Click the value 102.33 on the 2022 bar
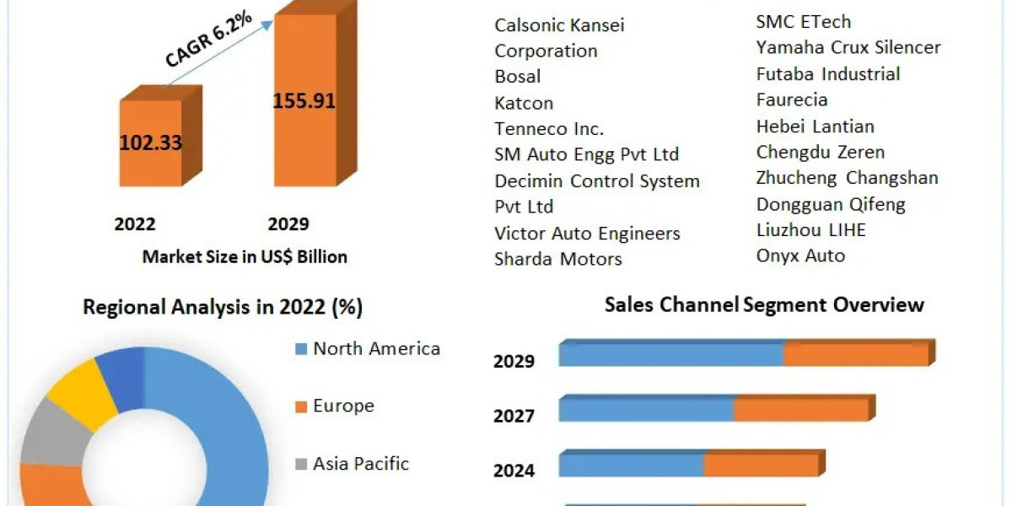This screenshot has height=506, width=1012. tap(150, 143)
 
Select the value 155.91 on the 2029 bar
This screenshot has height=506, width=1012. tap(304, 101)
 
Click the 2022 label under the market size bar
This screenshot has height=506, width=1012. tap(135, 224)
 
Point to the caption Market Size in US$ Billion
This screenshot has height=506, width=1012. tap(245, 256)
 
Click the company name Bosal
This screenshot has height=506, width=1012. tap(518, 77)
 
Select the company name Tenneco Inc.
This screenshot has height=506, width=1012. tap(549, 129)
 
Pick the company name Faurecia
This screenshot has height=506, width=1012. tap(792, 100)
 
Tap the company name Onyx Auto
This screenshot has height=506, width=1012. tap(800, 256)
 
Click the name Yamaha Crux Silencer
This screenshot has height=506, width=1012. tap(848, 47)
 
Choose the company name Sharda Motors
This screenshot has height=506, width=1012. tap(558, 259)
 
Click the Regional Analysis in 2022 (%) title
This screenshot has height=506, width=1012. tap(223, 308)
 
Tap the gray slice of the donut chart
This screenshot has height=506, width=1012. tap(49, 434)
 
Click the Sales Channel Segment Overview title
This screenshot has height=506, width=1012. tap(764, 304)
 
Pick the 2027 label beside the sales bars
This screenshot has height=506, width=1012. tap(514, 417)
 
